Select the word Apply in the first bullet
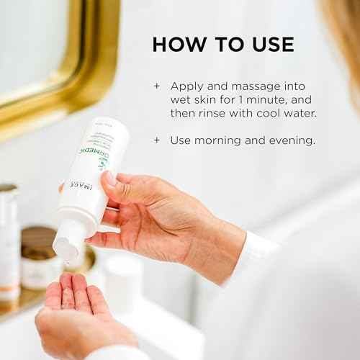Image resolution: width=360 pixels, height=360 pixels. (186, 85)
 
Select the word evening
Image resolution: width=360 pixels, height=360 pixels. (292, 140)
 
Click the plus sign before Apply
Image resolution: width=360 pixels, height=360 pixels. (156, 85)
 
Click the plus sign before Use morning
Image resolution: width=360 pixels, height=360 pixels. (156, 140)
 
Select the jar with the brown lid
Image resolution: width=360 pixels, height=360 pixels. (39, 256)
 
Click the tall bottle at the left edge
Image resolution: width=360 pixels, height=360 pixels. (8, 238)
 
